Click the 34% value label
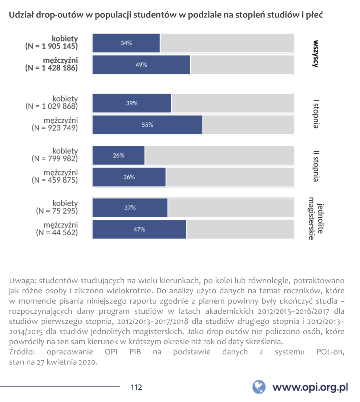(126, 43)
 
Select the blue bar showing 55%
(147, 125)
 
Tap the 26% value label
(118, 156)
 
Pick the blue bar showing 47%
(139, 229)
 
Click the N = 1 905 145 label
(51, 47)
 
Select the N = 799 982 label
(54, 158)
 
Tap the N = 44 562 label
(57, 233)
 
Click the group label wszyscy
(315, 54)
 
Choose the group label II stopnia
(315, 166)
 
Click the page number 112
(136, 387)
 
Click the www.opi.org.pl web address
(310, 387)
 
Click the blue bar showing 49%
(141, 65)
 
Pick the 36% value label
(129, 177)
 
